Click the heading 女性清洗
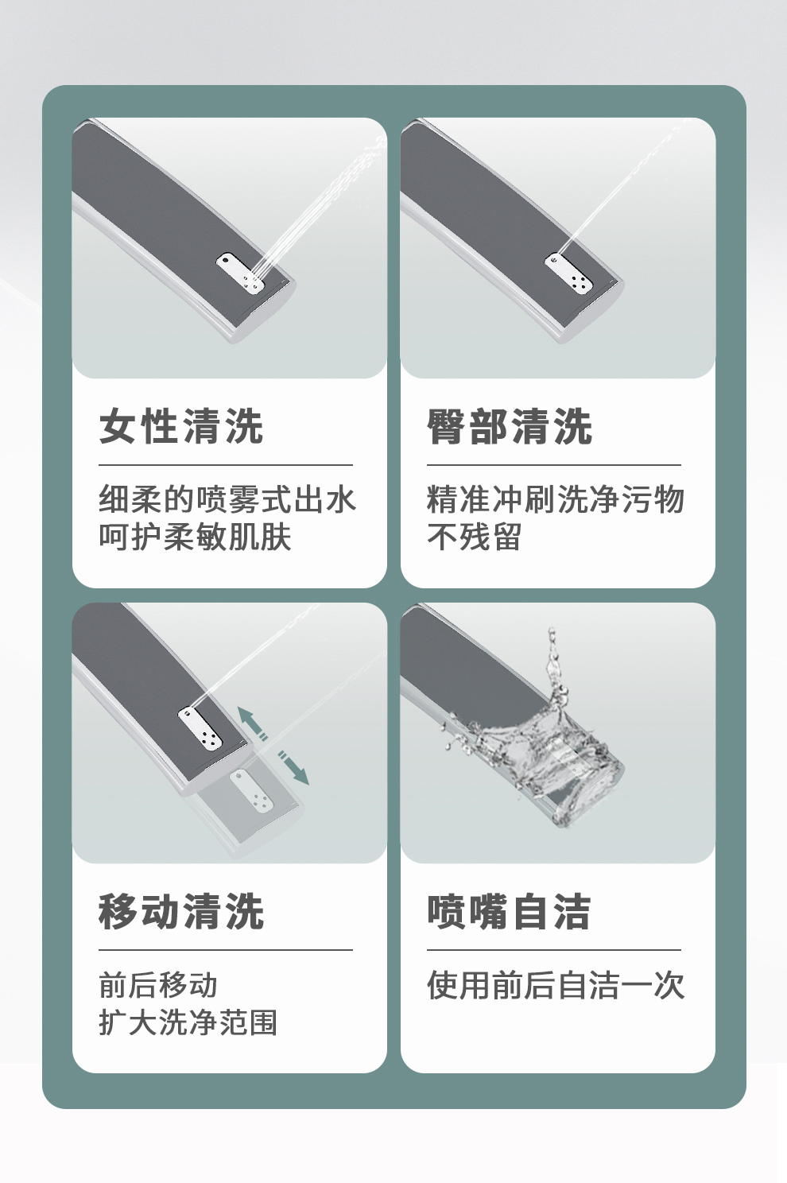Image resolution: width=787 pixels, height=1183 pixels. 181,426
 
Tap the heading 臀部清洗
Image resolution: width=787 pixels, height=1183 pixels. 510,426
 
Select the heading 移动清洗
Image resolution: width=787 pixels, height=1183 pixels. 181,911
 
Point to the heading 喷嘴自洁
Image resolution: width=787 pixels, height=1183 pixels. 509,911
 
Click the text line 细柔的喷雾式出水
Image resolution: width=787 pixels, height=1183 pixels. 227,499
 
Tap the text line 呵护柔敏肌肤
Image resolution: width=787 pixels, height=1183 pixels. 195,537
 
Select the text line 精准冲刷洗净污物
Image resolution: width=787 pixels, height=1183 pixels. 556,499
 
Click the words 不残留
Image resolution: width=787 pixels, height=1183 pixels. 475,537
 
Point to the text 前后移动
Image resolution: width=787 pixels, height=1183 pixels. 158,984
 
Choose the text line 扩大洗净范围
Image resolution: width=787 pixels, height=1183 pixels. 188,1022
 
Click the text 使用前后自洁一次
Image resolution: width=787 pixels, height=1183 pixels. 556,984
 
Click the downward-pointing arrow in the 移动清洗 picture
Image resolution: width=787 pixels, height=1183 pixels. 293,767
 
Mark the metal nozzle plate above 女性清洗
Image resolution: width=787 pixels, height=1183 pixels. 240,272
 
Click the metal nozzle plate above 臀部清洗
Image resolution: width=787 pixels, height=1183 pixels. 569,272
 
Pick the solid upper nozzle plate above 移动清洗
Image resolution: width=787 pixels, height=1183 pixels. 199,727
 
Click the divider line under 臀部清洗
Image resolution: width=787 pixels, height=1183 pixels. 554,465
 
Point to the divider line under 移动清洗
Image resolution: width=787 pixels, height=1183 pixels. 226,950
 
